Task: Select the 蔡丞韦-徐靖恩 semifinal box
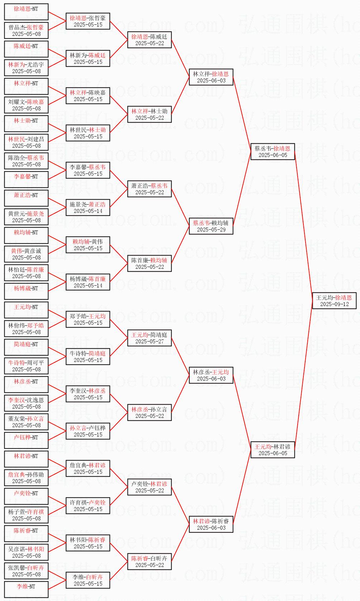click(273, 152)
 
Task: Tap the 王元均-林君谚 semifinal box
click(273, 450)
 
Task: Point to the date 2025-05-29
click(211, 230)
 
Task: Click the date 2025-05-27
click(150, 342)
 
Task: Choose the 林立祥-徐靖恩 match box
click(211, 77)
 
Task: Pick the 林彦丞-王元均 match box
click(211, 375)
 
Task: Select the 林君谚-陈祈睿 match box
click(211, 524)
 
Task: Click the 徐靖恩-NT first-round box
click(26, 12)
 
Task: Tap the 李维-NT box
click(26, 590)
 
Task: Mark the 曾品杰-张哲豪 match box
click(26, 30)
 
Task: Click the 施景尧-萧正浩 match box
click(88, 208)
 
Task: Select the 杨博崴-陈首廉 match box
click(88, 282)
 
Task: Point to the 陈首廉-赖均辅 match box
click(150, 263)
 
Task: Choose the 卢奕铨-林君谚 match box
click(150, 487)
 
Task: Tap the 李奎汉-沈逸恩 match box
click(26, 403)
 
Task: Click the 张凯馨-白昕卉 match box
click(26, 571)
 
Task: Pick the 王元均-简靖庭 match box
click(150, 338)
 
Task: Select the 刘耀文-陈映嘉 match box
click(26, 105)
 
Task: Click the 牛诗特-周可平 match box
click(26, 366)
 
